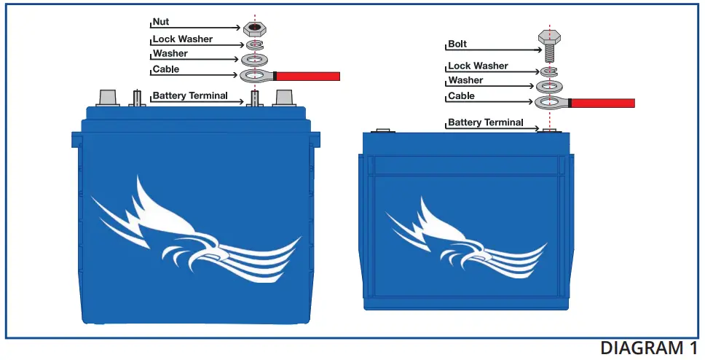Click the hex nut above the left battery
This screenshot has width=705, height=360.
point(255,28)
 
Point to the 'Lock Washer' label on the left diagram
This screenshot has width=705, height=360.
point(182,39)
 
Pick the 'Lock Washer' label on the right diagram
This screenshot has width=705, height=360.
point(478,66)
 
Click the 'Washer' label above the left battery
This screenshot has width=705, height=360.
point(170,54)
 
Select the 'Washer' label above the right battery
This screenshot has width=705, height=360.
point(465,81)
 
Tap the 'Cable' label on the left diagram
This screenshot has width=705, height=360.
point(165,70)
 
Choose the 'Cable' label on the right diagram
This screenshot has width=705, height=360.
point(461,96)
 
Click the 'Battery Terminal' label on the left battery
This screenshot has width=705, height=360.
point(189,96)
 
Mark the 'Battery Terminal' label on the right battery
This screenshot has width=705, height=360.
point(485,122)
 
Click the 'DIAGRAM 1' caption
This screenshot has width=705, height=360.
point(642,348)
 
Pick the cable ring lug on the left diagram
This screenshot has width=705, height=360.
point(255,75)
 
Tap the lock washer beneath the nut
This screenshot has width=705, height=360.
point(255,45)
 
